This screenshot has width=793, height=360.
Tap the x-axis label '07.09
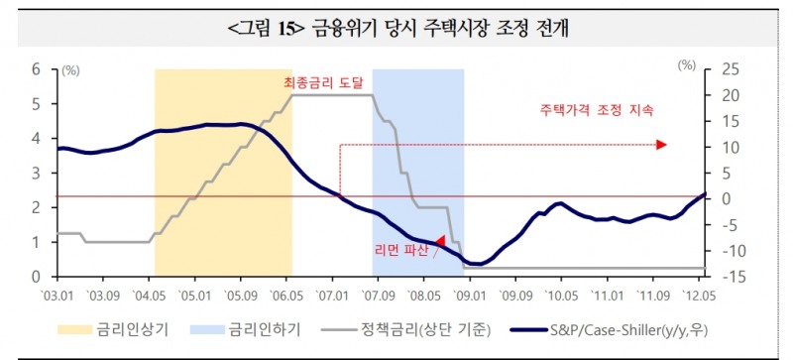click(378, 295)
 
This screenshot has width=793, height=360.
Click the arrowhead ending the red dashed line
click(661, 145)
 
